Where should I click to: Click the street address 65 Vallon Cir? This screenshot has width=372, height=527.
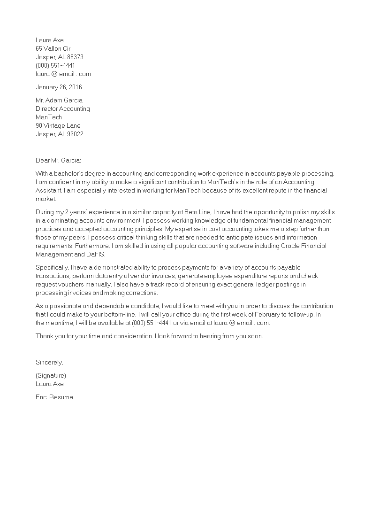pos(53,48)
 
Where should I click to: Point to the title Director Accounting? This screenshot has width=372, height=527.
pos(63,108)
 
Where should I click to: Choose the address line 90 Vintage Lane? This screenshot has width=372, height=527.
pos(58,125)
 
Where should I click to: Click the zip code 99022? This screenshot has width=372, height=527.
pos(75,134)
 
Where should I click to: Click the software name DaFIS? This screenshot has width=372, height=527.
pos(96,254)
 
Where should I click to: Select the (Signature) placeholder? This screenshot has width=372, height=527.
pos(51,375)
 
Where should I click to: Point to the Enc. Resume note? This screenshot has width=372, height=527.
pos(54,397)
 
